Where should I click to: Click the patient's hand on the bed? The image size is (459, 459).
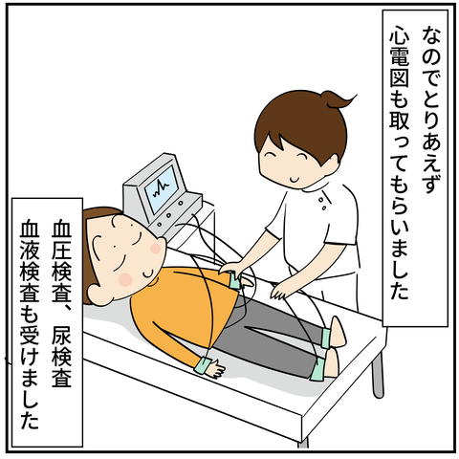216,367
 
